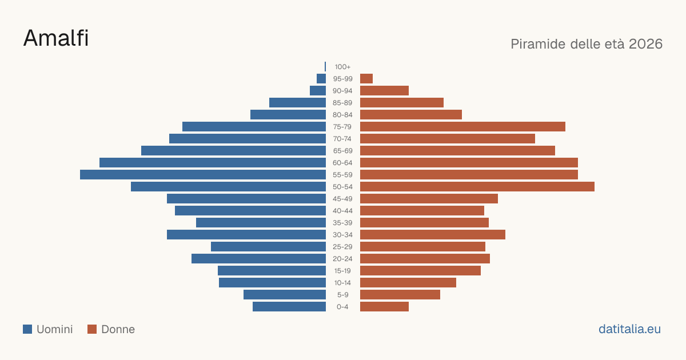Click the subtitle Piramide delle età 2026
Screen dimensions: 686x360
pos(587,44)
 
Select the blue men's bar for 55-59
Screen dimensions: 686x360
pos(203,174)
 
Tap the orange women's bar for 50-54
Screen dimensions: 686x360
pos(477,187)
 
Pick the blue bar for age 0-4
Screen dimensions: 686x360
pos(289,307)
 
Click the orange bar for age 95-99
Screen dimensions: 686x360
pos(366,79)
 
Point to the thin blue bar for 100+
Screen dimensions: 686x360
pos(325,67)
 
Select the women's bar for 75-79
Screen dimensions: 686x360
pos(462,127)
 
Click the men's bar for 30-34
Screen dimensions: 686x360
pos(246,235)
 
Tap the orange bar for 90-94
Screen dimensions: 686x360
pos(384,91)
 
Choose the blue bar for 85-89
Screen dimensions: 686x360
pos(297,102)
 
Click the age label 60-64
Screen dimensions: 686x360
pos(342,163)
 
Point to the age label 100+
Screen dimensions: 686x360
pos(342,67)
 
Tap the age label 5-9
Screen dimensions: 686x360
pos(342,295)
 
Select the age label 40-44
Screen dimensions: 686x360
pos(342,211)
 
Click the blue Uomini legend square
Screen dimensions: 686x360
pos(27,329)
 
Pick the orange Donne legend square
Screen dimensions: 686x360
pos(92,329)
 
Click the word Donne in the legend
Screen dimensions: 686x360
pos(118,329)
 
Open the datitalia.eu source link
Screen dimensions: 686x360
pos(629,329)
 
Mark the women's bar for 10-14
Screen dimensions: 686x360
pos(408,283)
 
